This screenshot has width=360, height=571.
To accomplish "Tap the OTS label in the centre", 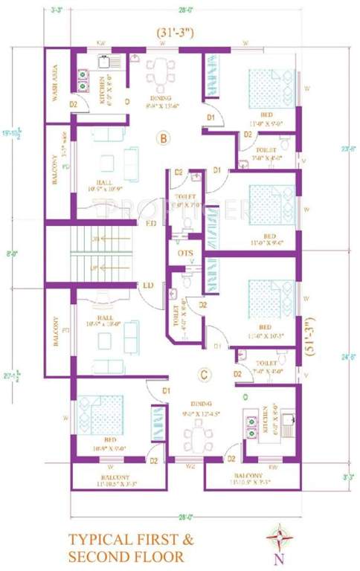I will tap(186, 254).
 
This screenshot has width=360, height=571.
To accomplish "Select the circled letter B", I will tap(163, 138).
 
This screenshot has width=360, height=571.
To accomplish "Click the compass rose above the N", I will tap(280, 535).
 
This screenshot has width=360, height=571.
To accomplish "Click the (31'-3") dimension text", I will tap(176, 34).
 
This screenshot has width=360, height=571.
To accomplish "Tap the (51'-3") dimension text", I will tap(308, 338).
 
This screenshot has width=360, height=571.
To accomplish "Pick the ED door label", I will tap(150, 222).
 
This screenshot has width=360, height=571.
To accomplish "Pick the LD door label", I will tap(148, 285).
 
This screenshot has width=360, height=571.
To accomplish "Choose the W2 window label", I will tap(190, 465).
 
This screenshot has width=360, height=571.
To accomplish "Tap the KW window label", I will tap(101, 44).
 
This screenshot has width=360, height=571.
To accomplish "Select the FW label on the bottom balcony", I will tap(273, 466).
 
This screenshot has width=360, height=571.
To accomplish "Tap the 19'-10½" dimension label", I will tap(12, 134).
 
